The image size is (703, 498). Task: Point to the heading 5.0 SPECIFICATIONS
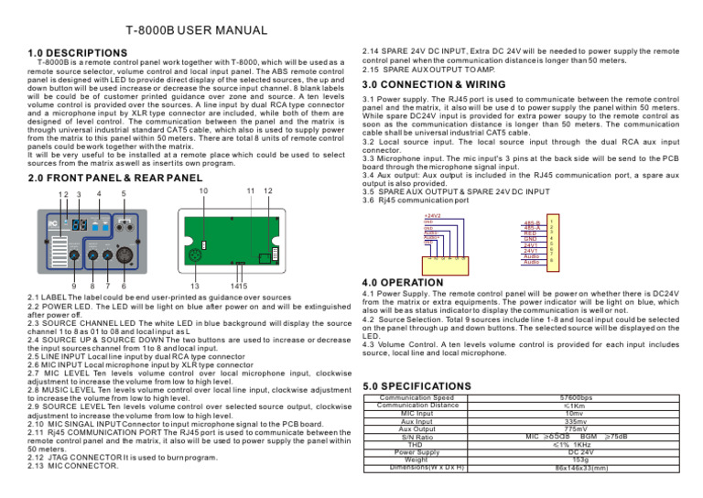click(x=417, y=387)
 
